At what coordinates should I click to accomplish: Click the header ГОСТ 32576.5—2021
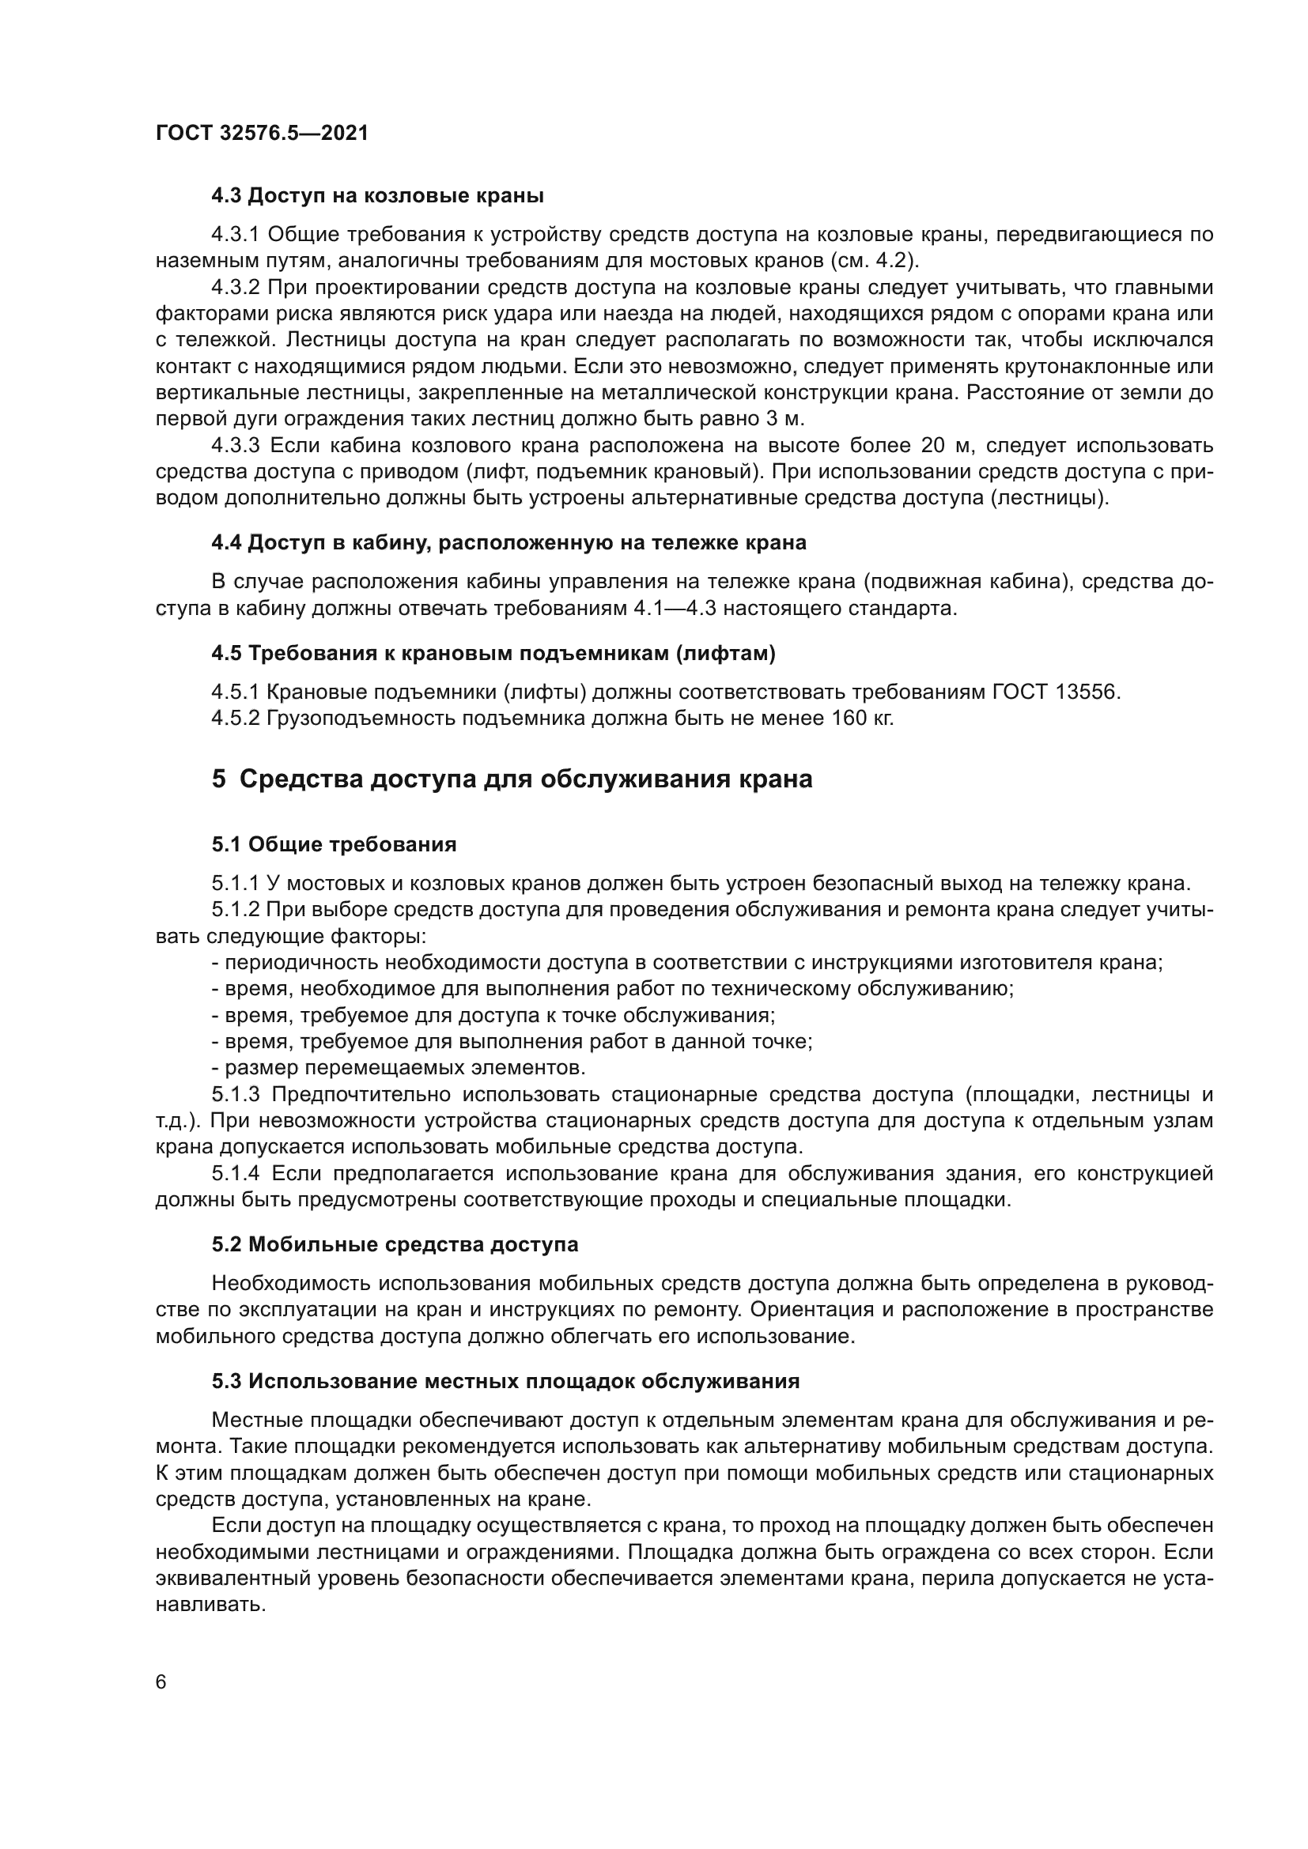[262, 133]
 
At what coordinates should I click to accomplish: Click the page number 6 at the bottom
[161, 1682]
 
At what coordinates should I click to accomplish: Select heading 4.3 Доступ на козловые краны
[377, 196]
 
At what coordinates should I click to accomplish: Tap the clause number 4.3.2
[235, 288]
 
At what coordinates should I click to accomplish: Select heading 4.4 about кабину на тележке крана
[508, 543]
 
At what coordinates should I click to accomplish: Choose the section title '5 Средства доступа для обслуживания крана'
[512, 779]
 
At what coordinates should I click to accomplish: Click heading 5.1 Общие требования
[334, 844]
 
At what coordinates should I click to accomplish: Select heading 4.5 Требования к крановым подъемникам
[493, 653]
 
